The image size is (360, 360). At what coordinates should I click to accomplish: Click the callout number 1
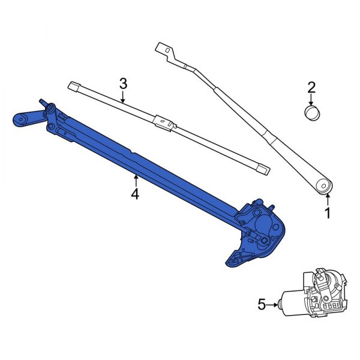(328, 213)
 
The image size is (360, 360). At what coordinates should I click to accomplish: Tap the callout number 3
(123, 83)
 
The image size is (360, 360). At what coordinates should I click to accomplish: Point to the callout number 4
(136, 194)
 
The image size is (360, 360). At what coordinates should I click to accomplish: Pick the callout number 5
(262, 305)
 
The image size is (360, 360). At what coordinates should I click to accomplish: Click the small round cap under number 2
(311, 113)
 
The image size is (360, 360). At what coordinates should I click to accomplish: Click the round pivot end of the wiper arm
(325, 185)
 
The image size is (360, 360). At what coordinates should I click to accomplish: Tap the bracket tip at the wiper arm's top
(160, 47)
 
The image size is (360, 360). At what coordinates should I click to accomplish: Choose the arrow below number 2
(311, 101)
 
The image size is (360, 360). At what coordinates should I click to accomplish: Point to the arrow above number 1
(328, 199)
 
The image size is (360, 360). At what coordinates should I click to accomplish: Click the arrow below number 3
(123, 97)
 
